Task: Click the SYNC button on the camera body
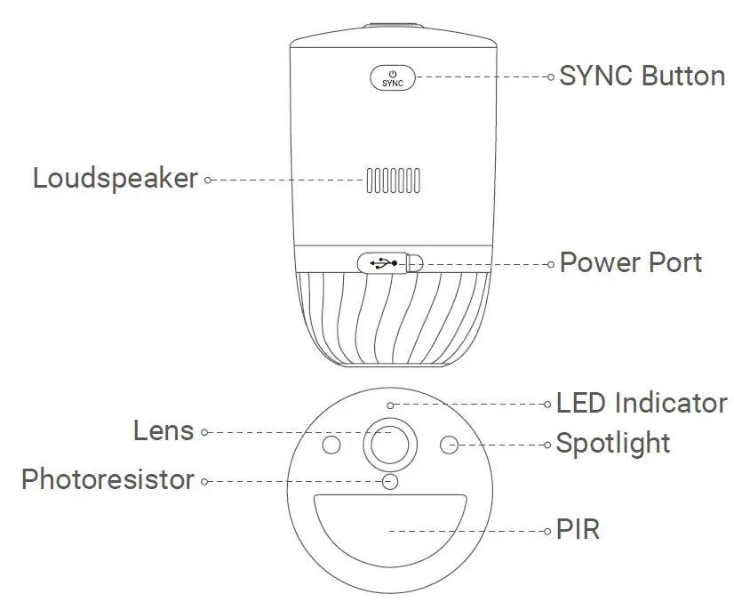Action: [x=391, y=76]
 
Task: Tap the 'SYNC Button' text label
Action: [x=642, y=76]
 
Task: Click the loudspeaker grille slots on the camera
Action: [x=391, y=179]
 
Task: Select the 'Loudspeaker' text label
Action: [x=115, y=178]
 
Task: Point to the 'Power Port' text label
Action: [x=630, y=262]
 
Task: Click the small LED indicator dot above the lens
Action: [x=391, y=405]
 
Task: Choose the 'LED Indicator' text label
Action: [x=641, y=403]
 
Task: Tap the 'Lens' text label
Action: [x=164, y=431]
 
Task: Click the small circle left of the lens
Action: [x=331, y=444]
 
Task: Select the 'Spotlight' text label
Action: [x=612, y=442]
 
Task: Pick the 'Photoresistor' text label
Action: [x=108, y=480]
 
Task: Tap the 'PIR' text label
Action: [x=578, y=531]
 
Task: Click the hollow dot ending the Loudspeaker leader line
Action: [x=207, y=180]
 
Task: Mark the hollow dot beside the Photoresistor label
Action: [x=205, y=481]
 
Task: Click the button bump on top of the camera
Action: [x=391, y=33]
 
